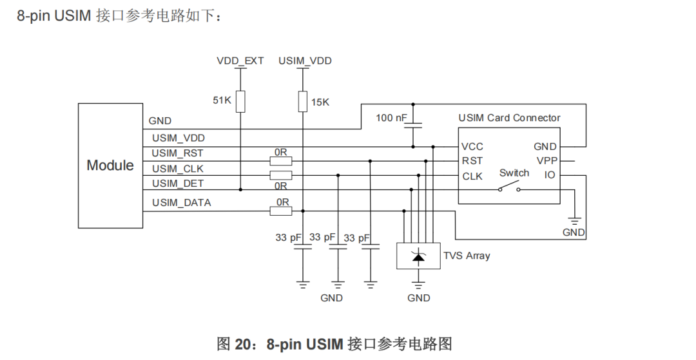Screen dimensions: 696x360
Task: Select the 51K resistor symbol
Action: click(240, 102)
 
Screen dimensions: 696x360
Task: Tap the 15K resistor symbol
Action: click(303, 102)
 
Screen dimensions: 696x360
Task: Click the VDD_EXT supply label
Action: click(240, 61)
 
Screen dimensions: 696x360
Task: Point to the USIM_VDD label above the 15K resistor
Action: click(305, 61)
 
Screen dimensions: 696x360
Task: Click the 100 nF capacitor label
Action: click(391, 118)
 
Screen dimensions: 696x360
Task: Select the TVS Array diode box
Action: click(418, 256)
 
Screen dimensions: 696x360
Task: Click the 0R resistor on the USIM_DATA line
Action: click(281, 211)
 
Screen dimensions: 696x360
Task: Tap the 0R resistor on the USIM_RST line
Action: click(281, 161)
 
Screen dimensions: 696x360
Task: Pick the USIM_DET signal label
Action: click(178, 184)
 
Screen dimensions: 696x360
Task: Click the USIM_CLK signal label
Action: click(178, 169)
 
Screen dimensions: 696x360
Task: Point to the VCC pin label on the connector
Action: click(472, 147)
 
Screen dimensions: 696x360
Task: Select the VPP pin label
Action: click(547, 160)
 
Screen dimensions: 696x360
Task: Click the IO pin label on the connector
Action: click(550, 175)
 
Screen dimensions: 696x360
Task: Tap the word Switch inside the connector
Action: click(514, 173)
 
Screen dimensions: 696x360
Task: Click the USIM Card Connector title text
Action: click(509, 118)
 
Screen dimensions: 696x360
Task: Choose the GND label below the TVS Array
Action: click(419, 298)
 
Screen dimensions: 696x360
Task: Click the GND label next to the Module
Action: click(160, 121)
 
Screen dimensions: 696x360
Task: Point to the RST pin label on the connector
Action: click(472, 161)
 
